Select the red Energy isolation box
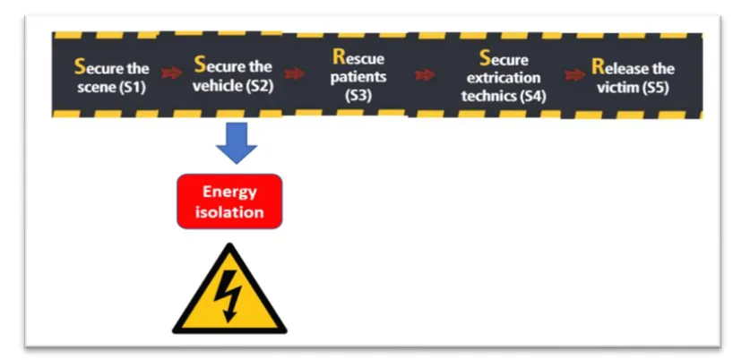229,201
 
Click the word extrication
504,79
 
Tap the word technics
488,95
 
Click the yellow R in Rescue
338,58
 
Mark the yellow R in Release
598,68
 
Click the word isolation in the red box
229,213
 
